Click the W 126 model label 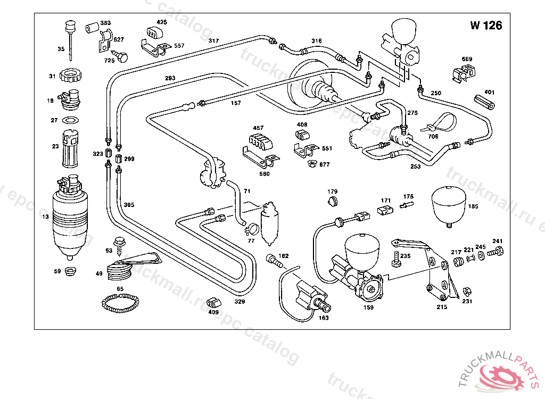click(485, 26)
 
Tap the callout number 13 click(45, 217)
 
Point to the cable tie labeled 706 click(440, 124)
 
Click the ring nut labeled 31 click(70, 76)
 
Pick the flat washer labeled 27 click(70, 120)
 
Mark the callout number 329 click(240, 302)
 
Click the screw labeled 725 click(122, 56)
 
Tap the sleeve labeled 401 click(484, 102)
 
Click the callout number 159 click(368, 307)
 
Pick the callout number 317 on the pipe click(213, 41)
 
